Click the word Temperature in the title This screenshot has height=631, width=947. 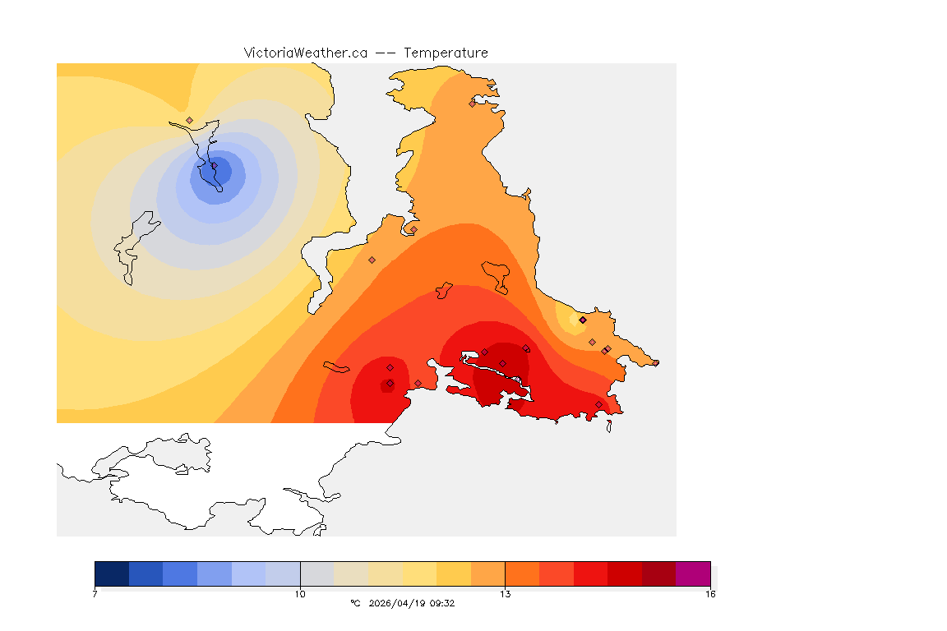[446, 53]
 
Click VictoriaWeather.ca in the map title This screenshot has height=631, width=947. [305, 53]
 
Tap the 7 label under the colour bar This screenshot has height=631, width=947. [95, 593]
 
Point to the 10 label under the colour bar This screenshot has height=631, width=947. [300, 593]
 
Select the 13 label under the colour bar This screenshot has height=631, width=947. [505, 593]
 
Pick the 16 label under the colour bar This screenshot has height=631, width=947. [709, 593]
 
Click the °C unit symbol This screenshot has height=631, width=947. [355, 603]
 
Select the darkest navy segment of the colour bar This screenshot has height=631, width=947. [112, 573]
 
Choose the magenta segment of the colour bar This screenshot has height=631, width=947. [692, 573]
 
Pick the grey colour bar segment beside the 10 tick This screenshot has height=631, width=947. [316, 573]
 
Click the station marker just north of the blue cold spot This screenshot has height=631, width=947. [190, 120]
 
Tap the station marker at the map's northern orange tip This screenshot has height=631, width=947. [472, 104]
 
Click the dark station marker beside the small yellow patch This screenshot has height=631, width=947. [583, 320]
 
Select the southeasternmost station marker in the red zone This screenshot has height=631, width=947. [598, 404]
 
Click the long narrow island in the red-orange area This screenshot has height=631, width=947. [336, 366]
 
